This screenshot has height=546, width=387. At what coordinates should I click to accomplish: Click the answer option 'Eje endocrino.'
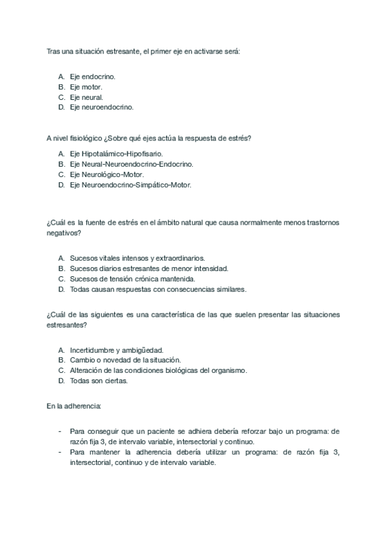(x=97, y=76)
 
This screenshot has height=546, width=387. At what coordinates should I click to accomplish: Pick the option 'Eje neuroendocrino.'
(x=102, y=107)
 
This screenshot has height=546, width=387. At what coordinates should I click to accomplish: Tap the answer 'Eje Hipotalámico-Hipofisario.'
(x=117, y=154)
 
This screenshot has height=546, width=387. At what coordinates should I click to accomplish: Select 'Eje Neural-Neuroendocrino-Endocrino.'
(x=132, y=164)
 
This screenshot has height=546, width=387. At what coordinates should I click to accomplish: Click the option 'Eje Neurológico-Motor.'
(x=107, y=174)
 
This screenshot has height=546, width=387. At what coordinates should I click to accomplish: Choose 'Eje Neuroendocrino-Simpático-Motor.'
(x=131, y=185)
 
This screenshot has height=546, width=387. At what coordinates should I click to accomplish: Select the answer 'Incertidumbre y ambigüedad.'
(x=117, y=350)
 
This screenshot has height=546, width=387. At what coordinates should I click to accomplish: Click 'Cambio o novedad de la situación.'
(x=125, y=360)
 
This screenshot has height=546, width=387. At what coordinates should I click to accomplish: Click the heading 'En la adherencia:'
(x=74, y=407)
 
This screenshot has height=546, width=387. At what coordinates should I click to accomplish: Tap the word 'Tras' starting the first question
(x=54, y=50)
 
